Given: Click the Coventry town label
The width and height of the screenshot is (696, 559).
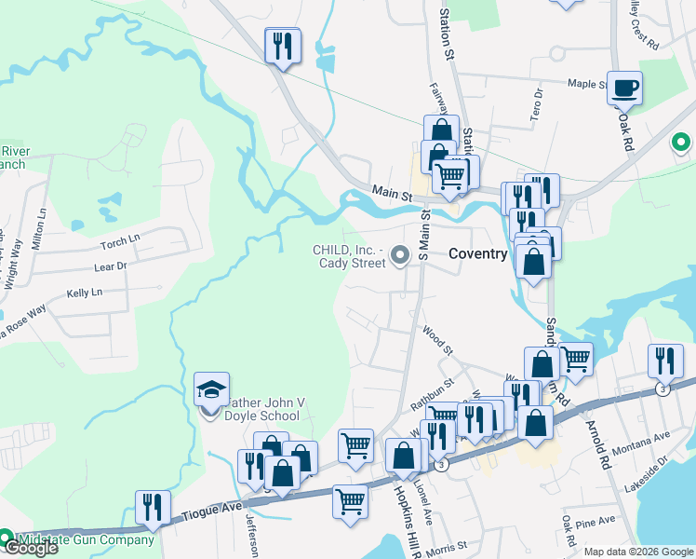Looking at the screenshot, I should tap(477, 253).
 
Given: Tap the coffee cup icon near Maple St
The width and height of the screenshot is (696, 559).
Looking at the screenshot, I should tap(625, 89).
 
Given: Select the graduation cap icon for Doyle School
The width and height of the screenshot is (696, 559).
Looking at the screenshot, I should tap(211, 389).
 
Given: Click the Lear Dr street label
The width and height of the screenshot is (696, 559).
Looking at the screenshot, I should tap(110, 266).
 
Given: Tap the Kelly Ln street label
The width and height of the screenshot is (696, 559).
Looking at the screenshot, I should tap(84, 293).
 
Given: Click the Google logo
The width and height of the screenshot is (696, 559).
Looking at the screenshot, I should tap(31, 549).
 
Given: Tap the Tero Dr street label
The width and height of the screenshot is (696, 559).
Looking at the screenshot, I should tap(536, 105).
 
